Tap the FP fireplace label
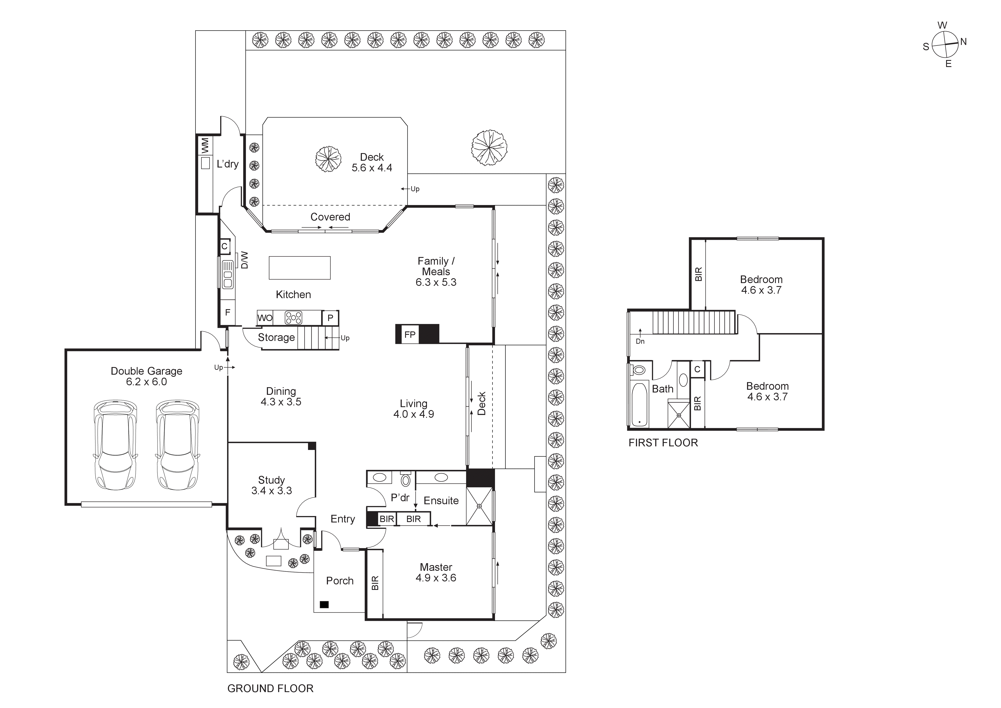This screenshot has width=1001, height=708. [x=409, y=334]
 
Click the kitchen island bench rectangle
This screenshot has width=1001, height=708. [x=300, y=268]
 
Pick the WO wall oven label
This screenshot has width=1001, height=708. [x=265, y=318]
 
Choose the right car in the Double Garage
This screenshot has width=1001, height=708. [x=177, y=445]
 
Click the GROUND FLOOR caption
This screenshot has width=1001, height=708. [x=270, y=688]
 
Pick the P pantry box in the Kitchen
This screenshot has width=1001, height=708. [x=330, y=318]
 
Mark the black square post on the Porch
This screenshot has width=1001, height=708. [x=324, y=605]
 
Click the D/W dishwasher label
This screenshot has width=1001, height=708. [x=244, y=260]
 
